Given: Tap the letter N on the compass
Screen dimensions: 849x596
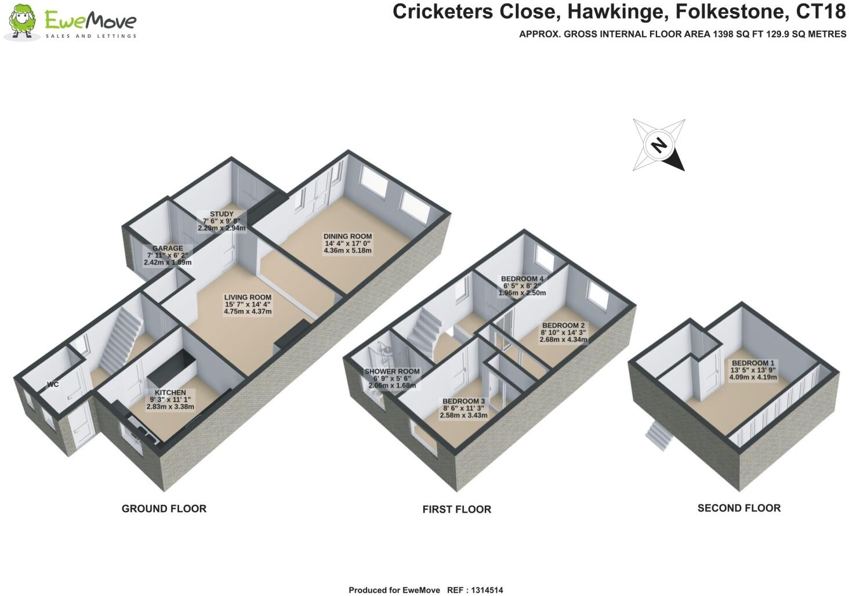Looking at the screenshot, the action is [659, 145].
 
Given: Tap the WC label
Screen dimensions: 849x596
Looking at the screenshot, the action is [53, 384].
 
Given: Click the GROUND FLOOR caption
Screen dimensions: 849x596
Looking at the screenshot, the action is [164, 509].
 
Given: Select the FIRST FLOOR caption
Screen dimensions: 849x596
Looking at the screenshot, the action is [457, 509].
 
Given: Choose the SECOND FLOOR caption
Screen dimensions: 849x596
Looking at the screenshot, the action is [739, 508].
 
